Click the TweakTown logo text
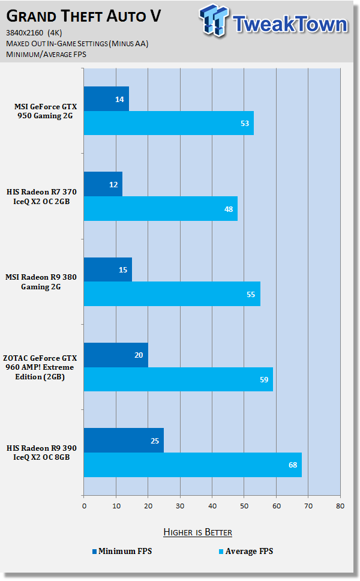tap(290, 24)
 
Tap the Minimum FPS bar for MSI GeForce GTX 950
tap(106, 98)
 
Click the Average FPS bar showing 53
tap(169, 123)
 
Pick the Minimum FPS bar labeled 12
tap(103, 184)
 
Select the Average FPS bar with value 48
tap(161, 208)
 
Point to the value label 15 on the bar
tap(122, 269)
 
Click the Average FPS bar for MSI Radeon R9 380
tap(172, 294)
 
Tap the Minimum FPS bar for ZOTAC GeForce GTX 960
tap(116, 355)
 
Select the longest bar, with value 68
tap(193, 465)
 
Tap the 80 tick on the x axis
tap(340, 505)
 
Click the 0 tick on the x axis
tap(84, 505)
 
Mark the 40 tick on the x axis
tap(212, 505)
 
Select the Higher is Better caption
tap(197, 532)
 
